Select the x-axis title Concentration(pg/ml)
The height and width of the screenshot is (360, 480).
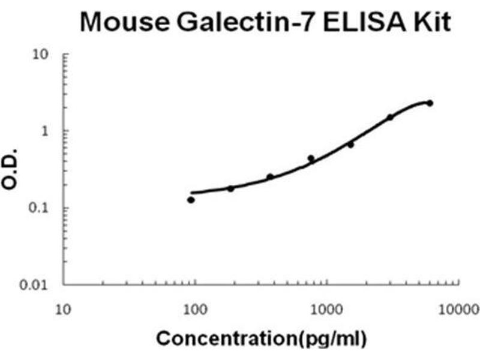tap(260, 338)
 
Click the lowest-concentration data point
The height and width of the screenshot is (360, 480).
tap(191, 200)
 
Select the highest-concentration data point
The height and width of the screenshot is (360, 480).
tap(430, 103)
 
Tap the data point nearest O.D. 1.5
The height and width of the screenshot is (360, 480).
tap(390, 117)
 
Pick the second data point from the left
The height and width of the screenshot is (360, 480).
tap(230, 188)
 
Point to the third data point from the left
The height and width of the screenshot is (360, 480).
tap(270, 176)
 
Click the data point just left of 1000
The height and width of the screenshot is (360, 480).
tap(311, 158)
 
